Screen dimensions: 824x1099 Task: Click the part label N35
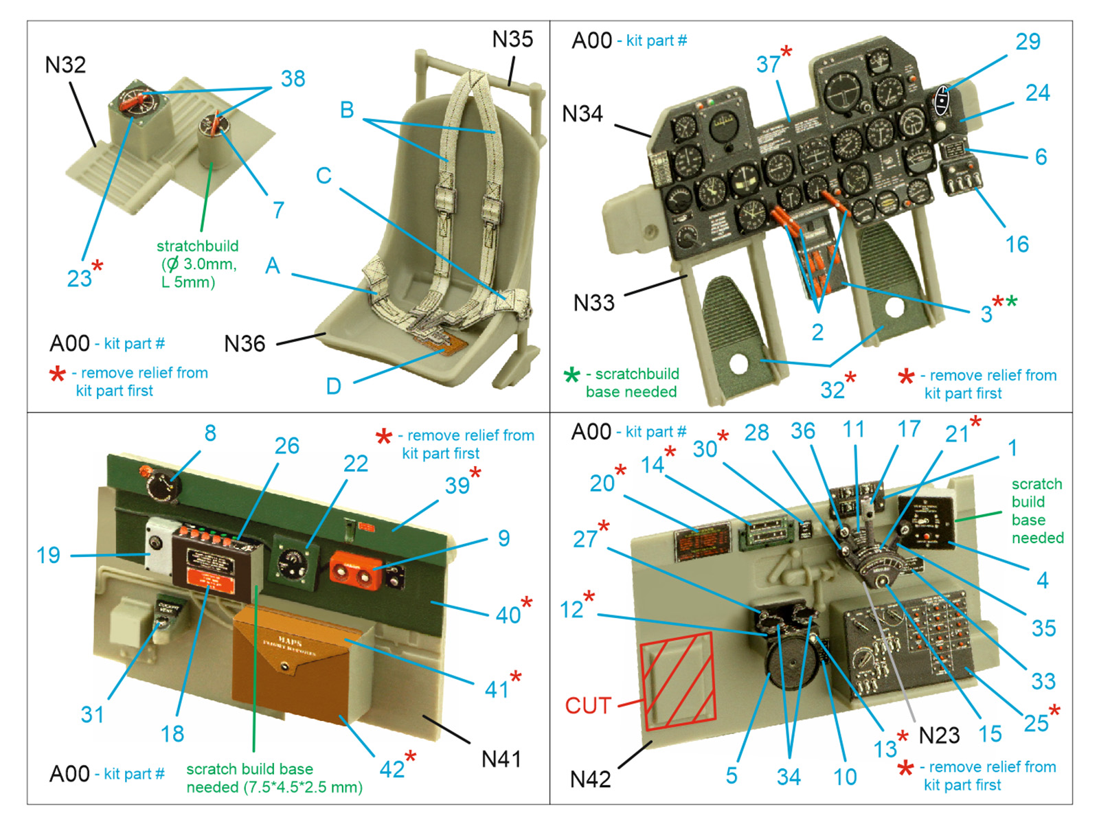(512, 39)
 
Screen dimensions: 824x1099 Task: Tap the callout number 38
(293, 79)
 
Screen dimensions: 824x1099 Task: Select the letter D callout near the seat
(333, 386)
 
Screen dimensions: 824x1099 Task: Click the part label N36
(245, 343)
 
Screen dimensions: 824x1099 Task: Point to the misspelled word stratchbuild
(197, 246)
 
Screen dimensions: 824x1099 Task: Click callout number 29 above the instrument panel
(1028, 42)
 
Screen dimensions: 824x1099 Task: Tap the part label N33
(593, 302)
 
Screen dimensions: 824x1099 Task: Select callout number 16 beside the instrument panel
(1017, 244)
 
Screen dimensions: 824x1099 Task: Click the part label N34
(582, 113)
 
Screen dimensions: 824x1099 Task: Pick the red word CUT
(588, 705)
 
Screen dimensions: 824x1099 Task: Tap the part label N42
(590, 779)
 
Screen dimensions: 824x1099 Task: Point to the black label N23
(939, 735)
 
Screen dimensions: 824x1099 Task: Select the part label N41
(501, 759)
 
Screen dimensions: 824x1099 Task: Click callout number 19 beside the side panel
(48, 555)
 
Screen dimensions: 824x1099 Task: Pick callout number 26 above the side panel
(286, 446)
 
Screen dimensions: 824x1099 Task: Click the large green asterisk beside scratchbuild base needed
(571, 375)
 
